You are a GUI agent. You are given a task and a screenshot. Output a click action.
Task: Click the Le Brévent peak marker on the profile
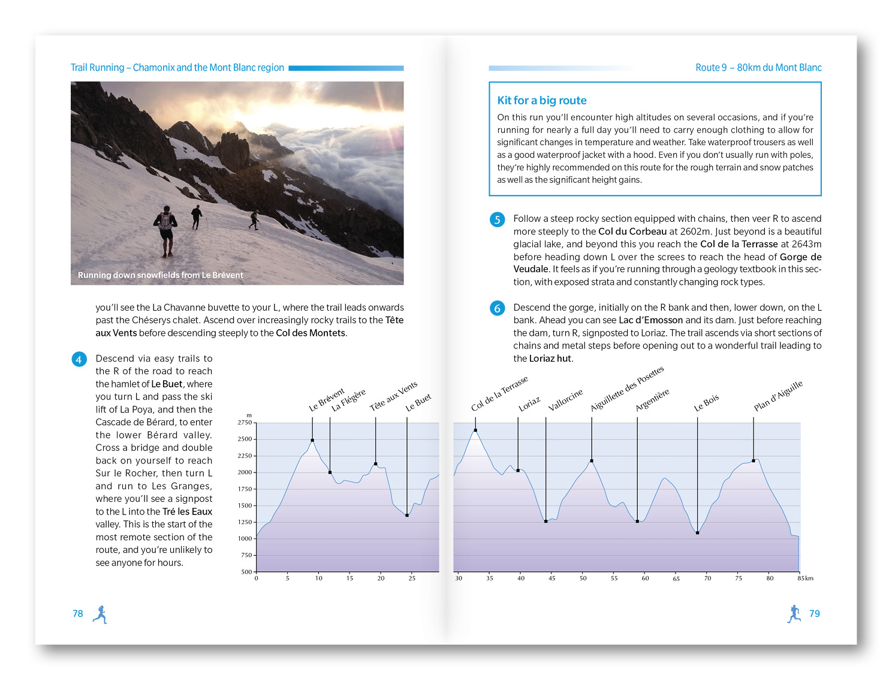tap(312, 440)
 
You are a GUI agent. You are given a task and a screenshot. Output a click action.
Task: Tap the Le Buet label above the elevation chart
tap(418, 402)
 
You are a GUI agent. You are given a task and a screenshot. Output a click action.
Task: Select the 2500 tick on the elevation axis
tap(245, 439)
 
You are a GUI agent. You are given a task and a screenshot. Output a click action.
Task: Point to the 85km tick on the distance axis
tap(804, 578)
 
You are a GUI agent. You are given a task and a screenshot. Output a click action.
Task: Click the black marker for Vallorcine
tap(546, 522)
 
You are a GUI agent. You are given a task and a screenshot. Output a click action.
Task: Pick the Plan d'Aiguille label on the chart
tap(778, 396)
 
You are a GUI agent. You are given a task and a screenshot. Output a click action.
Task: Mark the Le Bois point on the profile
tap(697, 532)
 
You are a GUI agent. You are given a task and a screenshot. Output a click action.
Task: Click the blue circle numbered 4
tap(79, 359)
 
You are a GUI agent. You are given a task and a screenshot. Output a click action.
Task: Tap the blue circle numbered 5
tap(497, 219)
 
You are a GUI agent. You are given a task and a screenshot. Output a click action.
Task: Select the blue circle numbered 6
tap(497, 308)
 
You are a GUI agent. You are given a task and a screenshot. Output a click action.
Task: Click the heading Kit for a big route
tap(541, 101)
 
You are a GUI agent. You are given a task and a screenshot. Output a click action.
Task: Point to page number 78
tap(78, 613)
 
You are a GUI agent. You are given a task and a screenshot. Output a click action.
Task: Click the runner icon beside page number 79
tap(794, 613)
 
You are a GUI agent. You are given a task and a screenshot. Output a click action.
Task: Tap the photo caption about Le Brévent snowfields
tap(161, 275)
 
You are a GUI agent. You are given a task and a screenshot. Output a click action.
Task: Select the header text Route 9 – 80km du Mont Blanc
tap(758, 68)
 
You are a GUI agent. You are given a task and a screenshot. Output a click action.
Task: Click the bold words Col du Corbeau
tap(632, 231)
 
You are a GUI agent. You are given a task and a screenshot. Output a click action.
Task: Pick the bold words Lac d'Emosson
tap(650, 320)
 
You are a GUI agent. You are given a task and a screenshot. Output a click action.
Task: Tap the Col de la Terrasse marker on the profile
tap(475, 430)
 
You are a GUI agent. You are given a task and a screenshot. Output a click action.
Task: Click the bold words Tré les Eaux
tap(187, 511)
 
